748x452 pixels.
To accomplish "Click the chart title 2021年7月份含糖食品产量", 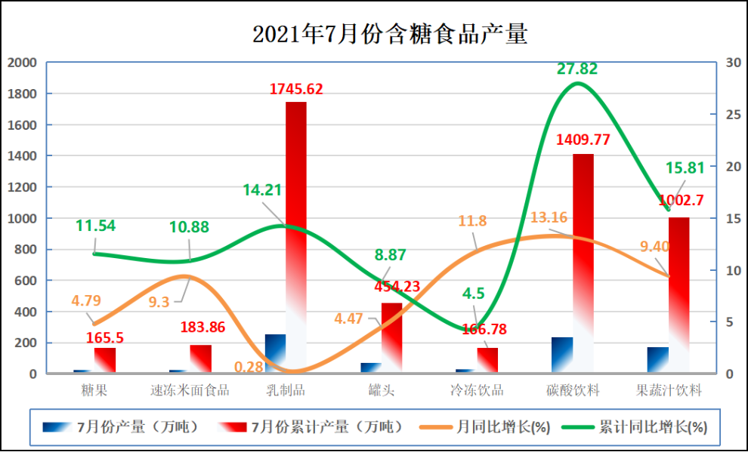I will point(389,34).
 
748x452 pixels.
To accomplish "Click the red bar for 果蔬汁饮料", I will point(678,294).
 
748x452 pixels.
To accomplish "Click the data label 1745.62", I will point(296,89).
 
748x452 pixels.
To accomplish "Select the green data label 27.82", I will point(577,69).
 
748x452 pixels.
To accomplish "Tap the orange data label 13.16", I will point(549,218).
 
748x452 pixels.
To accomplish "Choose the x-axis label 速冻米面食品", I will point(190,390).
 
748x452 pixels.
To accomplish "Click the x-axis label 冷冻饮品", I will point(477,390).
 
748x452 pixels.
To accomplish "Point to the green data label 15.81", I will point(685,168).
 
